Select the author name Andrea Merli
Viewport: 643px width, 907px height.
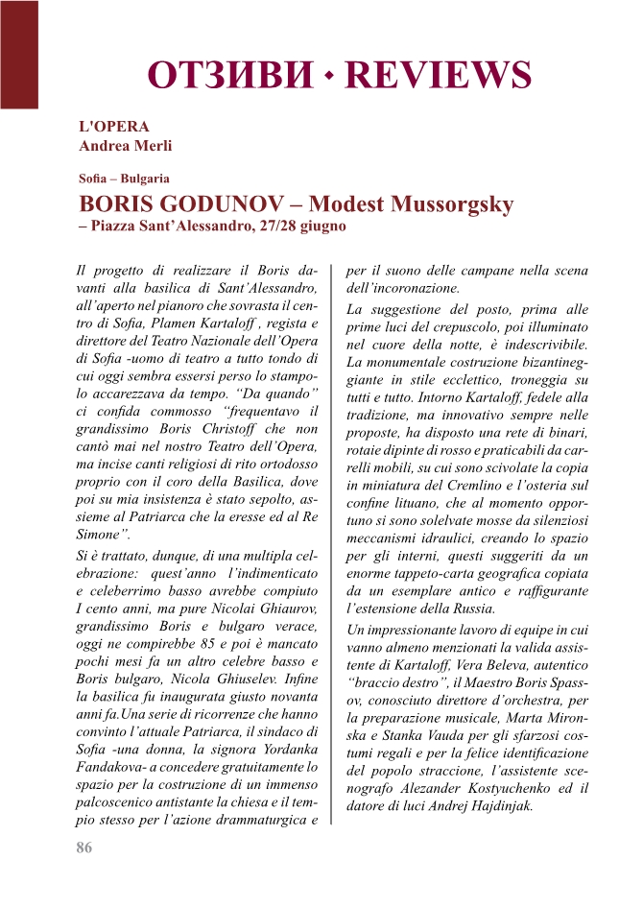(x=126, y=146)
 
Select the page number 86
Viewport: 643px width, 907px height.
(x=84, y=847)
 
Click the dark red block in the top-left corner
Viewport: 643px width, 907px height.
(x=19, y=53)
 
